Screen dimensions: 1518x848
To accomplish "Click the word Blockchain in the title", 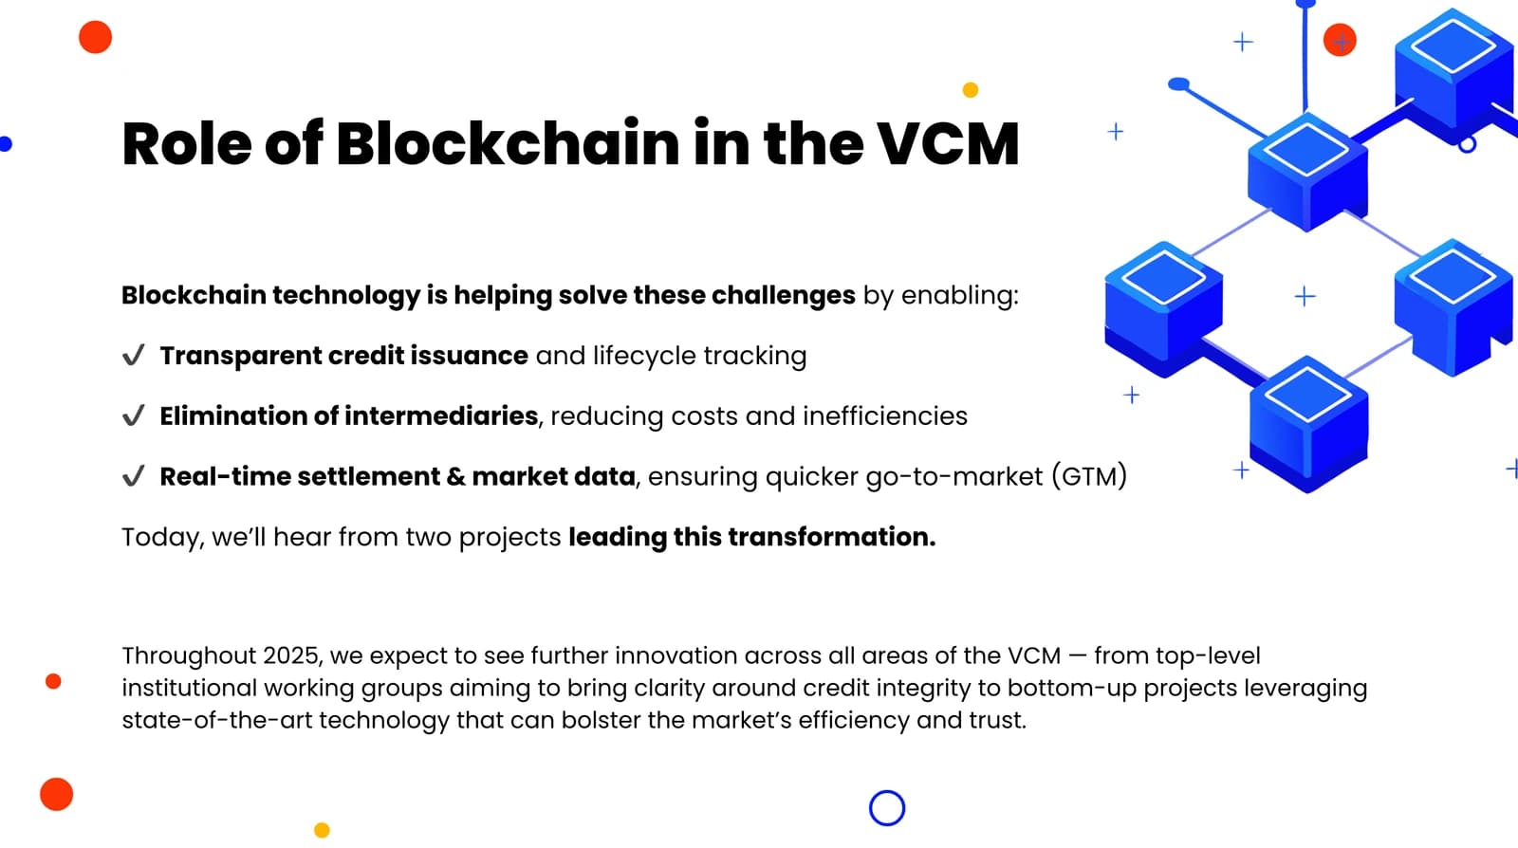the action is [x=508, y=143].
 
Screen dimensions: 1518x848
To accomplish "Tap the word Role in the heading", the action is [x=187, y=143].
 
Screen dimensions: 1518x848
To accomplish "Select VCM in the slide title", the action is [x=948, y=144].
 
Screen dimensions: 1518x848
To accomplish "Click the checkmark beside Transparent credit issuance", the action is [x=134, y=355].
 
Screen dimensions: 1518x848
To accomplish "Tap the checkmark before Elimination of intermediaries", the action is [x=134, y=415].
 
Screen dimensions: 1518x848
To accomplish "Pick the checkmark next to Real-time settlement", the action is [x=134, y=475].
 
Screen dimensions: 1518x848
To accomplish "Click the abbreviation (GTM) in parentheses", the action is [x=1090, y=476].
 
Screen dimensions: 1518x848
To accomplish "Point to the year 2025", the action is [x=290, y=655].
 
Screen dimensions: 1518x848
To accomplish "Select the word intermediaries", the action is [x=441, y=415].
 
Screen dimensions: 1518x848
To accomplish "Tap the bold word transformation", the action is [x=832, y=537].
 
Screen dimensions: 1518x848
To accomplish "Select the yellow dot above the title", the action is [x=971, y=90].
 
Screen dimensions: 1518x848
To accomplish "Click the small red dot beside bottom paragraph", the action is [x=53, y=681].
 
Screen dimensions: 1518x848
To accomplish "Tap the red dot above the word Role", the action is [x=96, y=37].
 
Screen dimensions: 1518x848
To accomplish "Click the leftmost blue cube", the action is [x=1163, y=309].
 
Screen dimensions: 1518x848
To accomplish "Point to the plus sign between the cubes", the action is [x=1305, y=296].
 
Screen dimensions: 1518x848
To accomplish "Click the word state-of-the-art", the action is [x=217, y=720].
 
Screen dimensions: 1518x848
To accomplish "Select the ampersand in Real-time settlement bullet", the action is [x=455, y=477].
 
